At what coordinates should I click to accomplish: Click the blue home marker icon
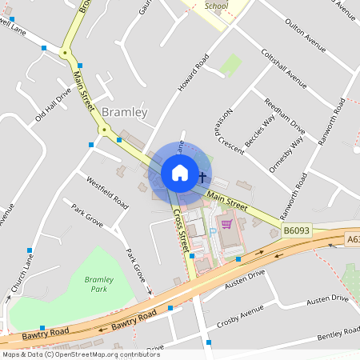(x=180, y=172)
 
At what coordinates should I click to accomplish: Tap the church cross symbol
(x=202, y=177)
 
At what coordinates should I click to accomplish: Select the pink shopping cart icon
(x=226, y=224)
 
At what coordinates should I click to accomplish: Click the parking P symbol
(x=213, y=231)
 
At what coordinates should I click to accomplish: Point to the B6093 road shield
(x=296, y=230)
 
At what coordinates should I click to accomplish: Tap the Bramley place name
(x=124, y=113)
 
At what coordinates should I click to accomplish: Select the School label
(x=217, y=5)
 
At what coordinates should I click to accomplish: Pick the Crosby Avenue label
(x=241, y=316)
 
